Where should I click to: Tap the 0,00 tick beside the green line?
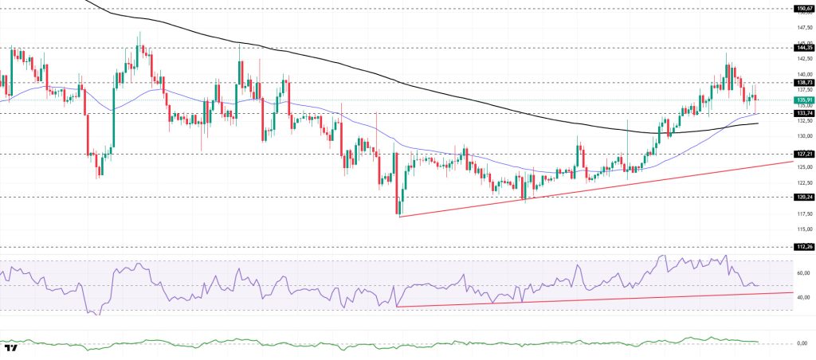coord(804,343)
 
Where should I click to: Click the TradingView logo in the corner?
coord(11,349)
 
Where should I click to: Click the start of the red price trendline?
coord(399,216)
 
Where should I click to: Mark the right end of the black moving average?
coord(758,123)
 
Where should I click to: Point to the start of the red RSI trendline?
coord(397,307)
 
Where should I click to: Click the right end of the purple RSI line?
coord(758,285)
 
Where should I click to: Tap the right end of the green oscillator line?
coord(758,342)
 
